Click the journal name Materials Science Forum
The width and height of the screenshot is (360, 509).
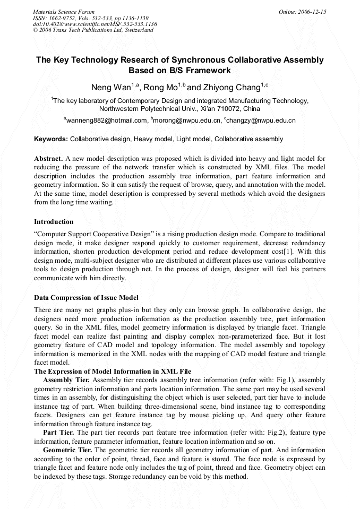point(64,12)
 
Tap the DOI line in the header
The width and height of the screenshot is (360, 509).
point(95,24)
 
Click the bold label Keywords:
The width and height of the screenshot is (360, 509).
point(51,139)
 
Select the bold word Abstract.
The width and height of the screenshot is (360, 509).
point(48,159)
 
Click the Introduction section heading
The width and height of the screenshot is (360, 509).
point(54,221)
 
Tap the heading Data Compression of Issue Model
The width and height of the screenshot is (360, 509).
point(86,297)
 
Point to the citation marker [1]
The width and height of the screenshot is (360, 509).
point(282,252)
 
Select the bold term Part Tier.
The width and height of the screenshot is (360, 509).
point(58,433)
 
